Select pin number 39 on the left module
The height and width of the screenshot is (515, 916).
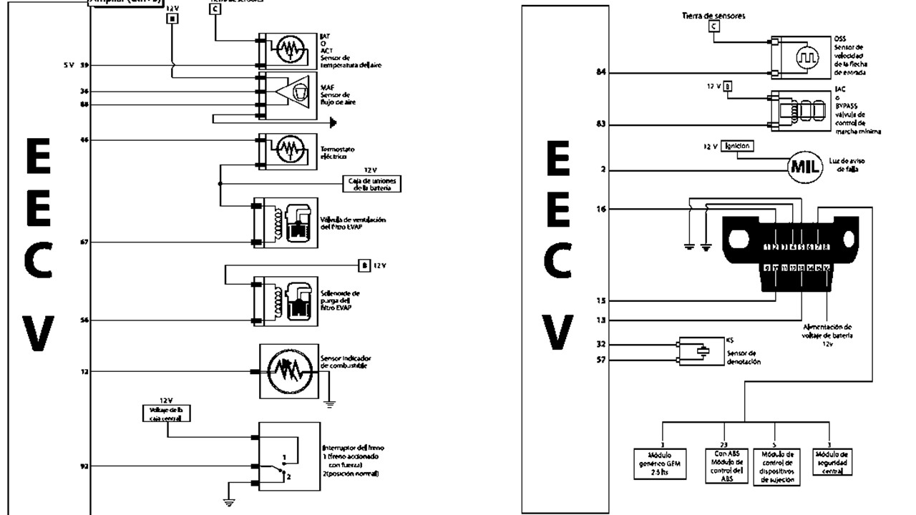(84, 65)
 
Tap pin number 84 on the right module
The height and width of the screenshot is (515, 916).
(602, 72)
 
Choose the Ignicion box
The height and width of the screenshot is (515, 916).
(737, 145)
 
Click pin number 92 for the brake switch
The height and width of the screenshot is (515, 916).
(84, 466)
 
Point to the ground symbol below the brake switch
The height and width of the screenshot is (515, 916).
(229, 502)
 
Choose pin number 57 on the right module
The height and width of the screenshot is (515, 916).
(601, 360)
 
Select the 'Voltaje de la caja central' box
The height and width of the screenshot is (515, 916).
(165, 413)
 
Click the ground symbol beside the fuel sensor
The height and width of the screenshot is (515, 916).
(329, 403)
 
